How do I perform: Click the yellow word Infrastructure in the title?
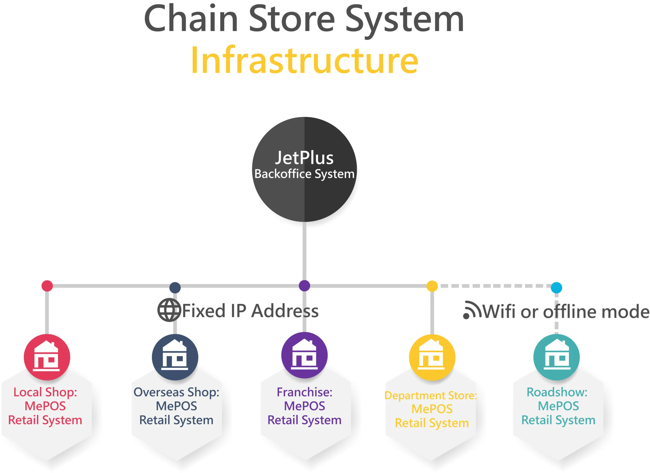(x=305, y=60)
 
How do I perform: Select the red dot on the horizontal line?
(x=47, y=286)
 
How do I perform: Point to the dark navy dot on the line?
(x=175, y=287)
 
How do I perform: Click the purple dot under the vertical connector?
(x=304, y=286)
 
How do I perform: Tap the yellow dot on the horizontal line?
(x=432, y=286)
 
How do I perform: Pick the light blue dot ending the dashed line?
(x=556, y=287)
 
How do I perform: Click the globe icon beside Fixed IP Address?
(x=169, y=310)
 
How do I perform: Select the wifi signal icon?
(x=472, y=310)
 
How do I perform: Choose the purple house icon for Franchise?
(x=304, y=355)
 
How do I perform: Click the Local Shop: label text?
(x=45, y=392)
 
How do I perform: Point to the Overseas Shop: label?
(x=176, y=392)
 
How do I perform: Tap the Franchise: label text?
(x=304, y=392)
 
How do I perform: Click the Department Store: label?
(x=431, y=395)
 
